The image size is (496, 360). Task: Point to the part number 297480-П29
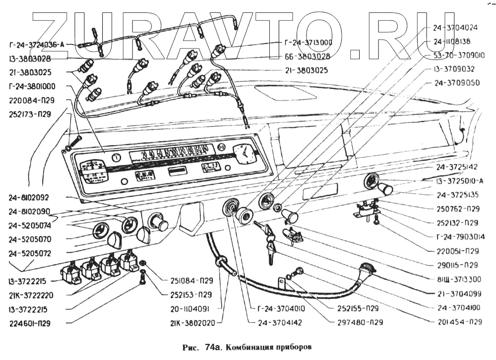[358, 322]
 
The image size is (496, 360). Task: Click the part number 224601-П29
[30, 323]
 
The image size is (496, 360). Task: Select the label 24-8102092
[29, 197]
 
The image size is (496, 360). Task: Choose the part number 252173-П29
[30, 114]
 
